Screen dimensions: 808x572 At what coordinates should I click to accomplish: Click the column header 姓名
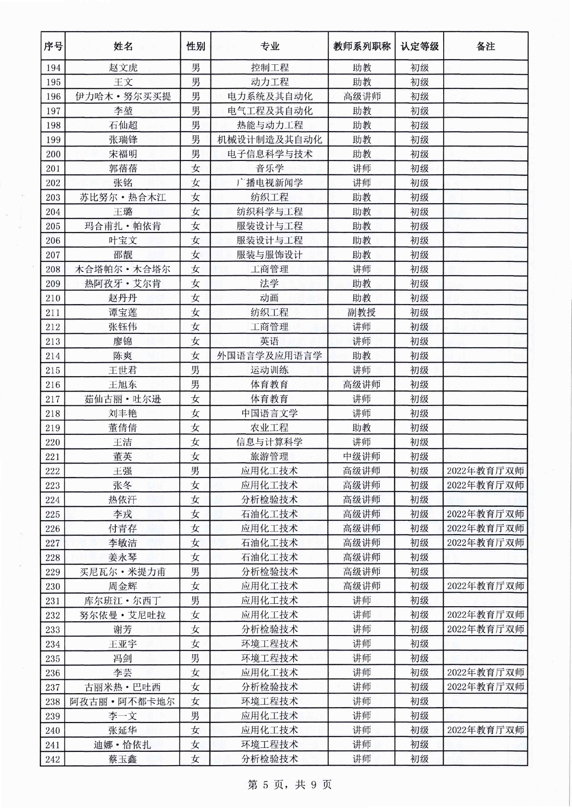tap(123, 46)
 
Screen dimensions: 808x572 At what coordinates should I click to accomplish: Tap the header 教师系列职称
tap(361, 46)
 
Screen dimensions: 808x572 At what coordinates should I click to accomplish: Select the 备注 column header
tap(485, 46)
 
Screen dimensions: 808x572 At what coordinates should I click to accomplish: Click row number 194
tap(53, 68)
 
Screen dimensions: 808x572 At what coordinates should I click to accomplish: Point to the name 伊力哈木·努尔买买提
tap(123, 97)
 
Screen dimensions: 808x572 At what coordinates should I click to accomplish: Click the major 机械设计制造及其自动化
tap(269, 140)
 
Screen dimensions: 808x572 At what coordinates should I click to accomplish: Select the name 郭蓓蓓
tap(123, 169)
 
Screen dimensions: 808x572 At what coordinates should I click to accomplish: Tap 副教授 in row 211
tap(361, 313)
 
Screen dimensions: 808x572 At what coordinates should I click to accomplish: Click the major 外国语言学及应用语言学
tap(269, 356)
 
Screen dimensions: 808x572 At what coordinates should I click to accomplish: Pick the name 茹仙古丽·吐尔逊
tap(123, 399)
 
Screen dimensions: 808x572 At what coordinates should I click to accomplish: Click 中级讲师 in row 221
tap(361, 457)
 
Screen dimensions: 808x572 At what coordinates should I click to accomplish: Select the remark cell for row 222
tap(485, 471)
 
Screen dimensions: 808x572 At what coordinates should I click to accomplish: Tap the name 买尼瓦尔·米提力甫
tap(123, 572)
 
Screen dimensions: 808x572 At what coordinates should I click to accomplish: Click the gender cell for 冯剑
tap(195, 659)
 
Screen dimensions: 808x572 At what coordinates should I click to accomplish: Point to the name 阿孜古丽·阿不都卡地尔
tap(123, 702)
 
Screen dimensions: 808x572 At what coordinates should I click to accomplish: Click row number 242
tap(53, 759)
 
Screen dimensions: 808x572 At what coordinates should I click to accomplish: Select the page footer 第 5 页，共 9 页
tap(289, 784)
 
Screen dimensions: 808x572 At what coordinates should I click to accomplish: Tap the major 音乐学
tap(269, 169)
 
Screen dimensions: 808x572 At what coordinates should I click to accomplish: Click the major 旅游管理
tap(269, 457)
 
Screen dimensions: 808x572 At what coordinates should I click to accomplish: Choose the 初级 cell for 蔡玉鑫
tap(419, 759)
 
